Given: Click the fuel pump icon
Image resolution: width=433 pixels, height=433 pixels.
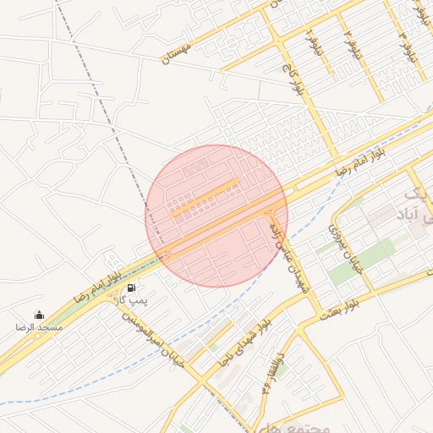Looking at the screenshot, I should point(130,288).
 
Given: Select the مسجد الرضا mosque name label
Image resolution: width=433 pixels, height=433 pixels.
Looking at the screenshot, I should point(39,326).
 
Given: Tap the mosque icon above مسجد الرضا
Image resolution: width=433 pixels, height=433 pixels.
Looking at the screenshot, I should point(39,315).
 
